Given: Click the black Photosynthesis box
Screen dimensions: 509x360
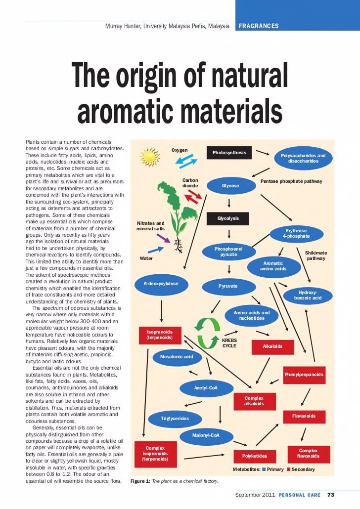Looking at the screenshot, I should click(229, 153).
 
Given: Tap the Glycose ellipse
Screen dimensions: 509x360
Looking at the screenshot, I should click(230, 186).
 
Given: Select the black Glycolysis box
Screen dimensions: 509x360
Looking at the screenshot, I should click(228, 218).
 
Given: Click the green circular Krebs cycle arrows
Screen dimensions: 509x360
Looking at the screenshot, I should click(207, 333).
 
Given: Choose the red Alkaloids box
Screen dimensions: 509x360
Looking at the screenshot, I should click(272, 346).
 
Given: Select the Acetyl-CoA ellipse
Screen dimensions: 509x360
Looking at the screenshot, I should click(206, 388).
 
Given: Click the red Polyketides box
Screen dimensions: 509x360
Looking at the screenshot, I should click(254, 456).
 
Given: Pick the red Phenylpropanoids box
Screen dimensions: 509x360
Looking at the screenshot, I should click(304, 375).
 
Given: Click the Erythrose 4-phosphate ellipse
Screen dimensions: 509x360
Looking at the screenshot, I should click(296, 234).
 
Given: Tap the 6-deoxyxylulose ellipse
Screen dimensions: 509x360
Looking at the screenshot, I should click(161, 284).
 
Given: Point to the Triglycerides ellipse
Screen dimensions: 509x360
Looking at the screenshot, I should click(175, 419).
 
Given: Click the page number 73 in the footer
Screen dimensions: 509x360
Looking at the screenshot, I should click(331, 495).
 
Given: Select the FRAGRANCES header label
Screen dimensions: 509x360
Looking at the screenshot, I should click(259, 26).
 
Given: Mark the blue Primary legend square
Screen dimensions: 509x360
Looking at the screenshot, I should click(264, 469).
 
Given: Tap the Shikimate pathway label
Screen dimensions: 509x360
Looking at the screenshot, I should click(315, 255).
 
